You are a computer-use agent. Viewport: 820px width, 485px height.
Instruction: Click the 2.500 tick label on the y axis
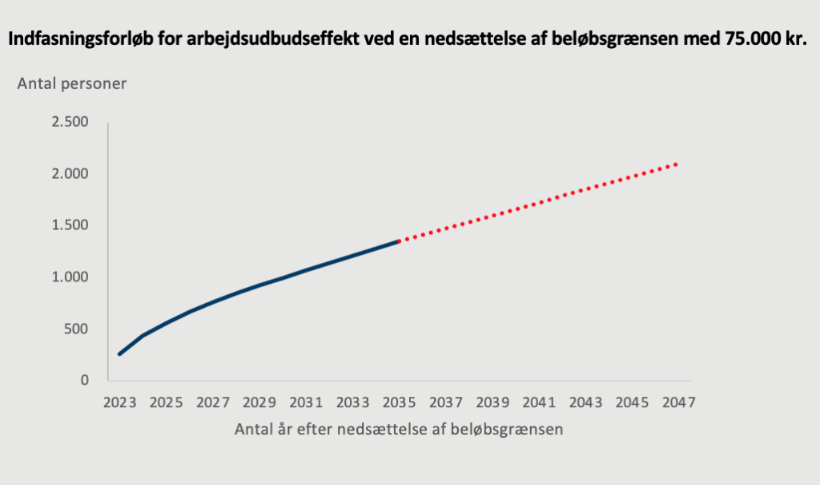coord(70,122)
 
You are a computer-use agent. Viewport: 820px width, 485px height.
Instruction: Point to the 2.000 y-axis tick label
coord(70,174)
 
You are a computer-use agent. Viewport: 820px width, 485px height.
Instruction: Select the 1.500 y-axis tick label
coord(70,225)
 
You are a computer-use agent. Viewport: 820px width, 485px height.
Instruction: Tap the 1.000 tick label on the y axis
coord(70,277)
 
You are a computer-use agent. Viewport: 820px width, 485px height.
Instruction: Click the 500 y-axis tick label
coord(74,329)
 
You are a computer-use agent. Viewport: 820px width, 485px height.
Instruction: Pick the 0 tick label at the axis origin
coord(83,380)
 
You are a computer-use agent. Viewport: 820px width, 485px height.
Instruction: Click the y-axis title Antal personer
coord(72,83)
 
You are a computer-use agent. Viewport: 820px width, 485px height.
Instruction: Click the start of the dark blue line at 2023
coord(119,354)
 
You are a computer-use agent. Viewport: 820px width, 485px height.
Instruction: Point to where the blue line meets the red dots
coord(399,240)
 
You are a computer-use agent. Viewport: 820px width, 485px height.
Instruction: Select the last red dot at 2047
coord(677,164)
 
